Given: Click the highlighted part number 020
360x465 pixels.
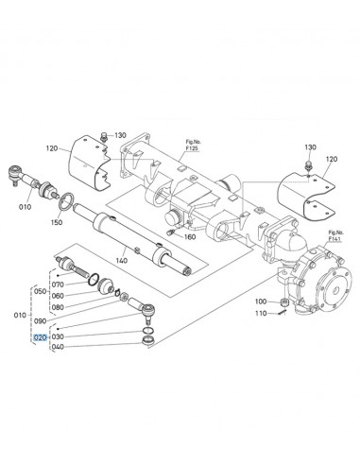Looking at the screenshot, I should (x=41, y=336).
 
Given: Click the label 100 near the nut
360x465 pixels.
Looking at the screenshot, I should (x=261, y=301).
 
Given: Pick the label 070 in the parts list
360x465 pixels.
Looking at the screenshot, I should (x=58, y=284).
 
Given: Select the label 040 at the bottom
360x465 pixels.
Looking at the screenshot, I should (x=58, y=347).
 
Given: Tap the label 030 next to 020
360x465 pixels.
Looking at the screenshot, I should (x=58, y=336).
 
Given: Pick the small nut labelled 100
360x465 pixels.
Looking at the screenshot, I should (x=285, y=301).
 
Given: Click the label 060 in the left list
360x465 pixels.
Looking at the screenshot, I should (x=58, y=296).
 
